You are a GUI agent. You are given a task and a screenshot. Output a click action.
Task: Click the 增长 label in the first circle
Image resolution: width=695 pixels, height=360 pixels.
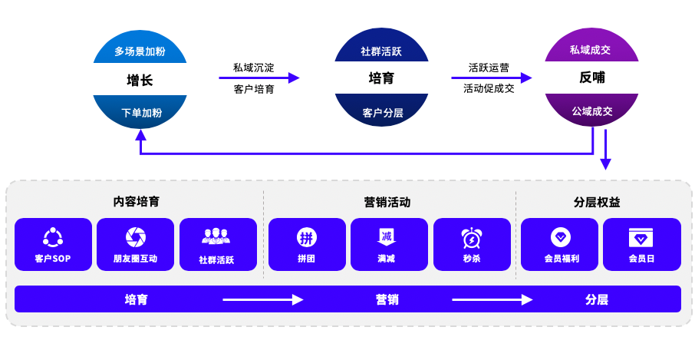140,80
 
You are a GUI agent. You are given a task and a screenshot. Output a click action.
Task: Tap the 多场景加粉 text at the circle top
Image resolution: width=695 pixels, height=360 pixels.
140,51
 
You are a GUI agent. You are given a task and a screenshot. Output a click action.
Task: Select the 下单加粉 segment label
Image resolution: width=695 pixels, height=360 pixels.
141,113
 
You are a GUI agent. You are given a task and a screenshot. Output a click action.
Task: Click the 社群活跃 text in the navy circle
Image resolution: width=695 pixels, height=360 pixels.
381,51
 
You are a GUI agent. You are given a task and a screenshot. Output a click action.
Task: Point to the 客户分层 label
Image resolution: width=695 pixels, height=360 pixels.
382,113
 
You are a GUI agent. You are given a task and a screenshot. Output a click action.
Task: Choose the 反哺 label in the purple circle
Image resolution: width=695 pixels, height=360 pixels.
592,78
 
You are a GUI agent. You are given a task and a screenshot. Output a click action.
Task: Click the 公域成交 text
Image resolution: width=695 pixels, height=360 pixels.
591,111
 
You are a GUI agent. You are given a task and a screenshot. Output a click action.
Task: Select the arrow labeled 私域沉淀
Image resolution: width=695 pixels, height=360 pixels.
259,78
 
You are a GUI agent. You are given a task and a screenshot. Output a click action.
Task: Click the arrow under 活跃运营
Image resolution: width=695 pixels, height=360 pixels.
491,78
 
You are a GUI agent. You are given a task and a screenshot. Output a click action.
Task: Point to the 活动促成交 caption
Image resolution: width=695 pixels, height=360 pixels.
489,88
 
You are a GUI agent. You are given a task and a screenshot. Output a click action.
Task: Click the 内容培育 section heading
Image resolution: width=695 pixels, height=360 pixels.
137,202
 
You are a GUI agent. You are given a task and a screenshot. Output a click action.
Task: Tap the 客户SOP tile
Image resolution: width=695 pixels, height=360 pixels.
53,245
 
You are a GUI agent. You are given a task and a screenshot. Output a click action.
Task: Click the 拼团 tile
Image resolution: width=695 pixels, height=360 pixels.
306,245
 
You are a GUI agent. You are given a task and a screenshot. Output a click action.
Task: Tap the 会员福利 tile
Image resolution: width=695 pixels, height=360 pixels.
560,245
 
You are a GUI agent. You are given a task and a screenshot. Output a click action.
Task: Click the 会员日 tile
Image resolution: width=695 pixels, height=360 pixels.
641,245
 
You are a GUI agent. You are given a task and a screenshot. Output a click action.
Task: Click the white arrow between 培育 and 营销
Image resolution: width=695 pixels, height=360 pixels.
262,299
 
